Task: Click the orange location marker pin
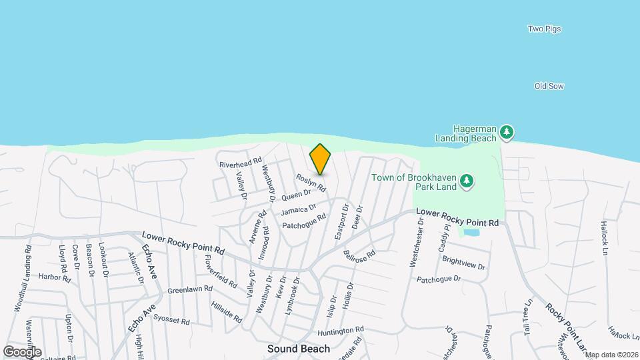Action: coord(320,159)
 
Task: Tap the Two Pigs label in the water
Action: coord(544,29)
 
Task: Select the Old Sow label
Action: coord(549,86)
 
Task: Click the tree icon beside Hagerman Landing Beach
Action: coord(507,133)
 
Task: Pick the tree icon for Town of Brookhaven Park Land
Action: coord(467,181)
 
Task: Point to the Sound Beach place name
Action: coord(299,349)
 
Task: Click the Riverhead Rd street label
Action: coord(240,163)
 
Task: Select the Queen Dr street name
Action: coord(296,195)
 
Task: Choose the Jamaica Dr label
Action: coord(298,210)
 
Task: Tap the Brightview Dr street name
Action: coord(464,262)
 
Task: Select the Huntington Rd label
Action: coord(341,330)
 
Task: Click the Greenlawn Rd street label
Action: coord(189,290)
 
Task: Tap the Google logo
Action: coord(22,351)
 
